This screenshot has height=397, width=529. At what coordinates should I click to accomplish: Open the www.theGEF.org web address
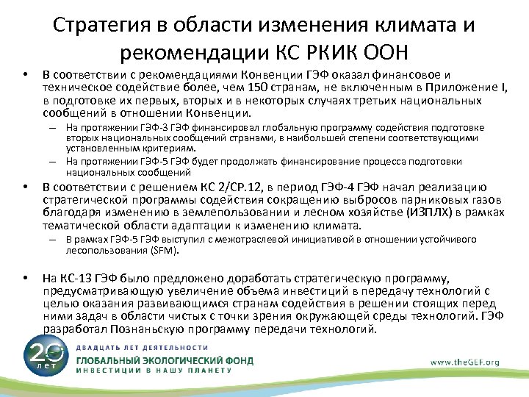(466, 362)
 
